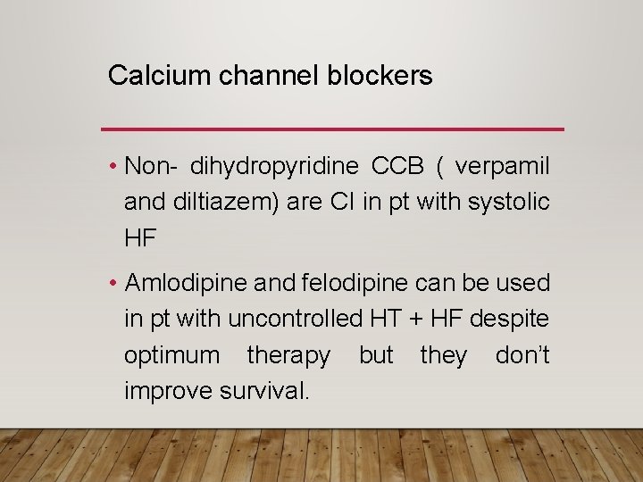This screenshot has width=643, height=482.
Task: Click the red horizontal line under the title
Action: [x=333, y=129]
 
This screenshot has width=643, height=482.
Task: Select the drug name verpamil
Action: [x=503, y=167]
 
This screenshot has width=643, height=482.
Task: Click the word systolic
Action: [x=508, y=203]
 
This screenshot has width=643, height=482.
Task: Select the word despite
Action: [x=517, y=319]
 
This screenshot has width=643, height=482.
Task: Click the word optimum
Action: [x=171, y=355]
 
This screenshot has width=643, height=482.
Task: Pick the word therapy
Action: [x=288, y=355]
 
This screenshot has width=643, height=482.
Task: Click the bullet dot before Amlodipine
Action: [x=113, y=284]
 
